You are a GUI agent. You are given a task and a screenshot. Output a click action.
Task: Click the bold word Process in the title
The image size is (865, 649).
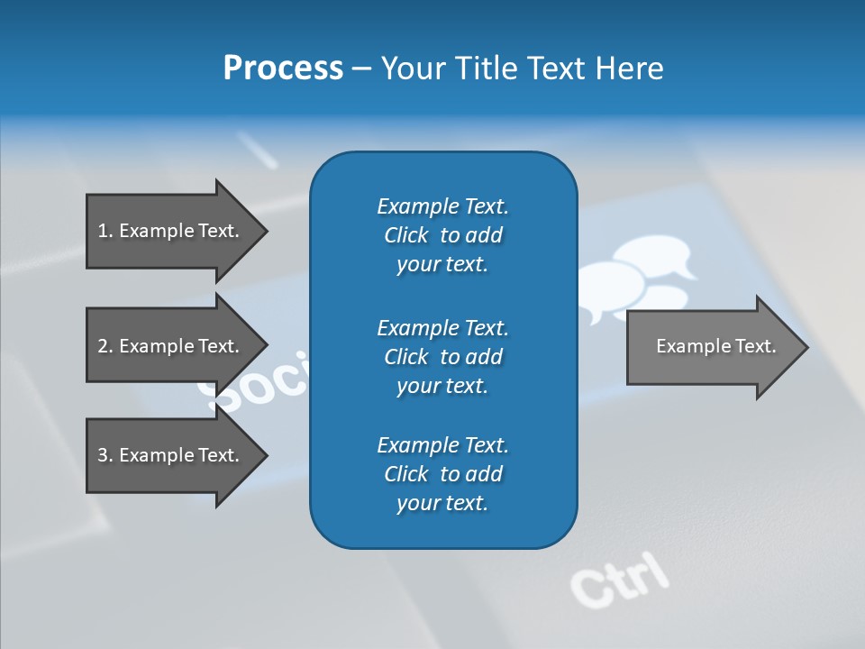pyautogui.click(x=283, y=68)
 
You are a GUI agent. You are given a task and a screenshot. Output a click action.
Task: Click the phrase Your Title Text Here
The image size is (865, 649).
pyautogui.click(x=522, y=68)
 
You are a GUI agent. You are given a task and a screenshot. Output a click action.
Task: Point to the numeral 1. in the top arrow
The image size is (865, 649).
pyautogui.click(x=105, y=231)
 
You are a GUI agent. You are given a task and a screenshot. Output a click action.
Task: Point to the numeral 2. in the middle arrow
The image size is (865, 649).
pyautogui.click(x=105, y=346)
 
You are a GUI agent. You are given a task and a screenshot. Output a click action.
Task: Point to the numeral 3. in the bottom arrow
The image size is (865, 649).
pyautogui.click(x=105, y=455)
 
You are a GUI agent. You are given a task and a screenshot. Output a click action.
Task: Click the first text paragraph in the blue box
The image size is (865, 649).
pyautogui.click(x=442, y=235)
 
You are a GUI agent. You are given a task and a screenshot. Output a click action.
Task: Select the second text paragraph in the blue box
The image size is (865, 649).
pyautogui.click(x=442, y=356)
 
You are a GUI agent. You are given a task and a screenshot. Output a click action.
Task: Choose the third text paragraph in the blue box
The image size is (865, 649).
pyautogui.click(x=442, y=474)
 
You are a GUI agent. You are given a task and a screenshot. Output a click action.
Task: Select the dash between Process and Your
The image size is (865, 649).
pyautogui.click(x=361, y=69)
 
